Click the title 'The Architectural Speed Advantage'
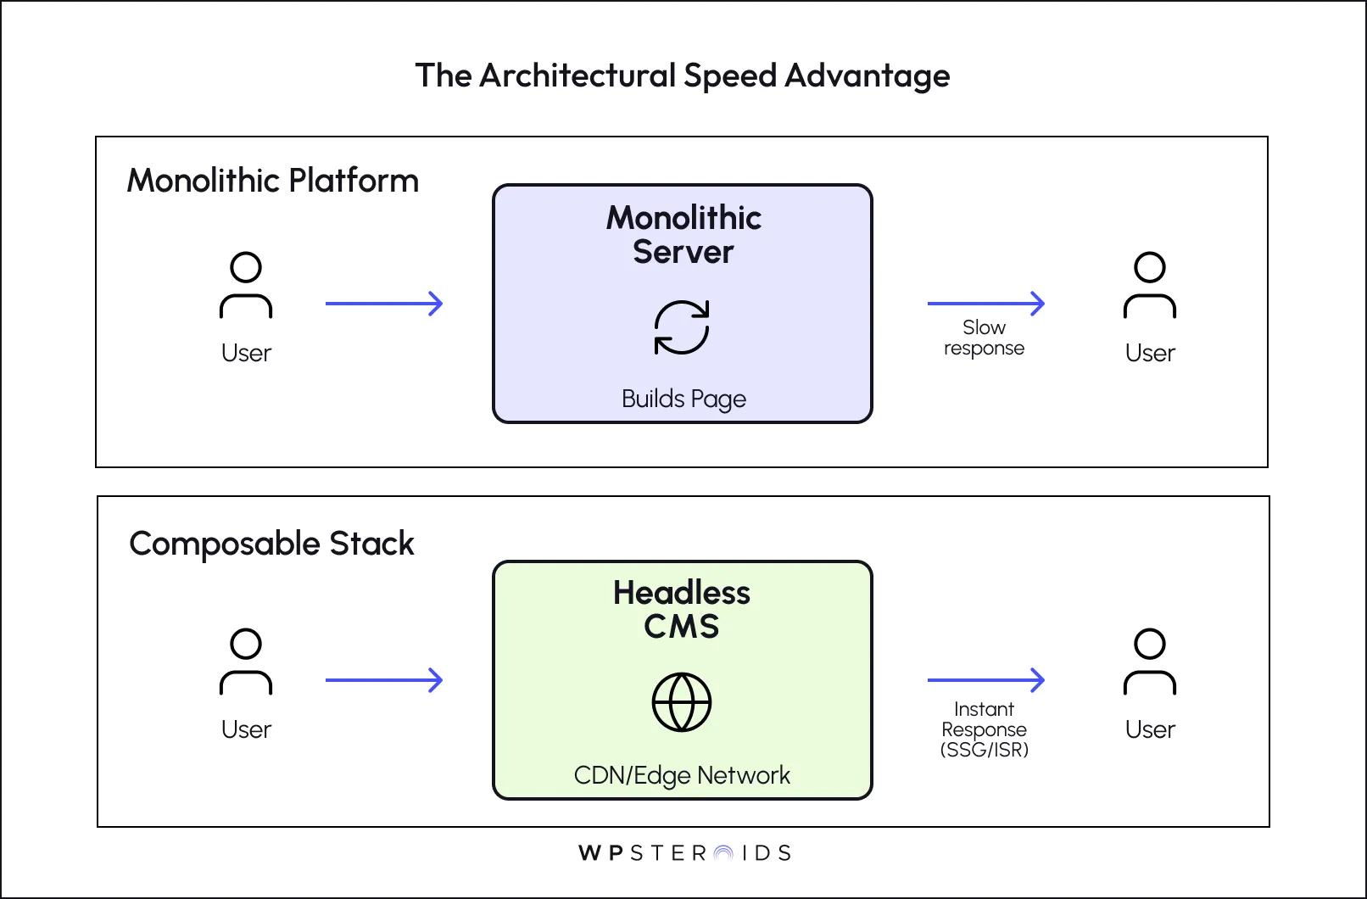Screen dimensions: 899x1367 pos(683,76)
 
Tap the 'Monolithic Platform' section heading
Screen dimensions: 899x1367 pos(272,181)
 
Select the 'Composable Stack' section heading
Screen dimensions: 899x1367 pos(271,544)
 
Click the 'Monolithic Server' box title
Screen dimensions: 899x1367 pos(683,235)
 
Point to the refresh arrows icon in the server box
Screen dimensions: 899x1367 pos(682,327)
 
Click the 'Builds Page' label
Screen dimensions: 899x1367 pos(683,399)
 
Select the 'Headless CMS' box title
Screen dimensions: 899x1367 pos(682,609)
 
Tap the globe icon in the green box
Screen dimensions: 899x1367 pos(682,702)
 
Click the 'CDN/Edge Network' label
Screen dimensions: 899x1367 pos(682,775)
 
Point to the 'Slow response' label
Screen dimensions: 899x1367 pos(984,338)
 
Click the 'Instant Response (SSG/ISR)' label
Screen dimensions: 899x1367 pos(984,729)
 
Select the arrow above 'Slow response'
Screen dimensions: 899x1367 pos(985,304)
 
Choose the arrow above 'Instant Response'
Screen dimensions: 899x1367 pos(985,680)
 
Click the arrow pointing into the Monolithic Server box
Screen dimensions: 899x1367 pos(384,304)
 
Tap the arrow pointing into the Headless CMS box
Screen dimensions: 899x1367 pos(384,680)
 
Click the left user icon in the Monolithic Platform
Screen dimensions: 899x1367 pos(246,285)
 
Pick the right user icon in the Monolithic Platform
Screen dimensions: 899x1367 pos(1150,285)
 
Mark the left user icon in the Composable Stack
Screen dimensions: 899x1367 pos(246,662)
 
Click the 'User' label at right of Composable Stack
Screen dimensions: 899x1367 pos(1150,729)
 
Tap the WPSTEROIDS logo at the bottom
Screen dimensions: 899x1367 pos(683,853)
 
